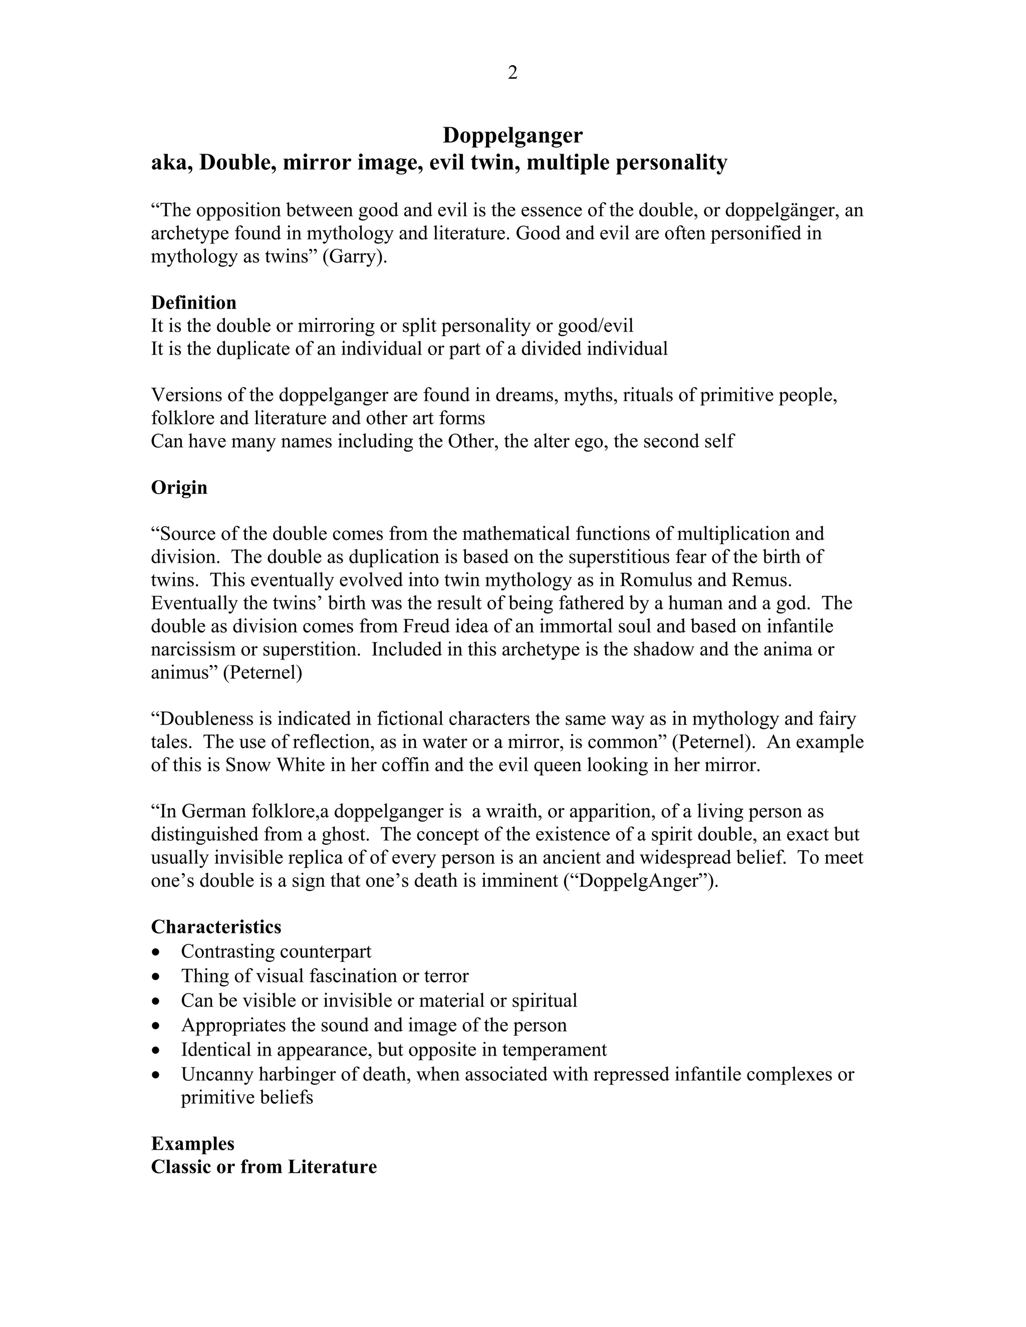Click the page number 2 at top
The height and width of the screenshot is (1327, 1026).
(512, 73)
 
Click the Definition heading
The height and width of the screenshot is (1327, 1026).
(193, 302)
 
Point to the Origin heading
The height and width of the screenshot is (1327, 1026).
(179, 487)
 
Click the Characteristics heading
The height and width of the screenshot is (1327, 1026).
(216, 926)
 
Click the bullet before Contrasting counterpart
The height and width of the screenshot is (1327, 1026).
(157, 951)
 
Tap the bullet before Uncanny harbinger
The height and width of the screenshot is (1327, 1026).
(157, 1075)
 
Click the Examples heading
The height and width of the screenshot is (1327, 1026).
(192, 1144)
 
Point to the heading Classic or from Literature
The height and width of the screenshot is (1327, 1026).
(264, 1167)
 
